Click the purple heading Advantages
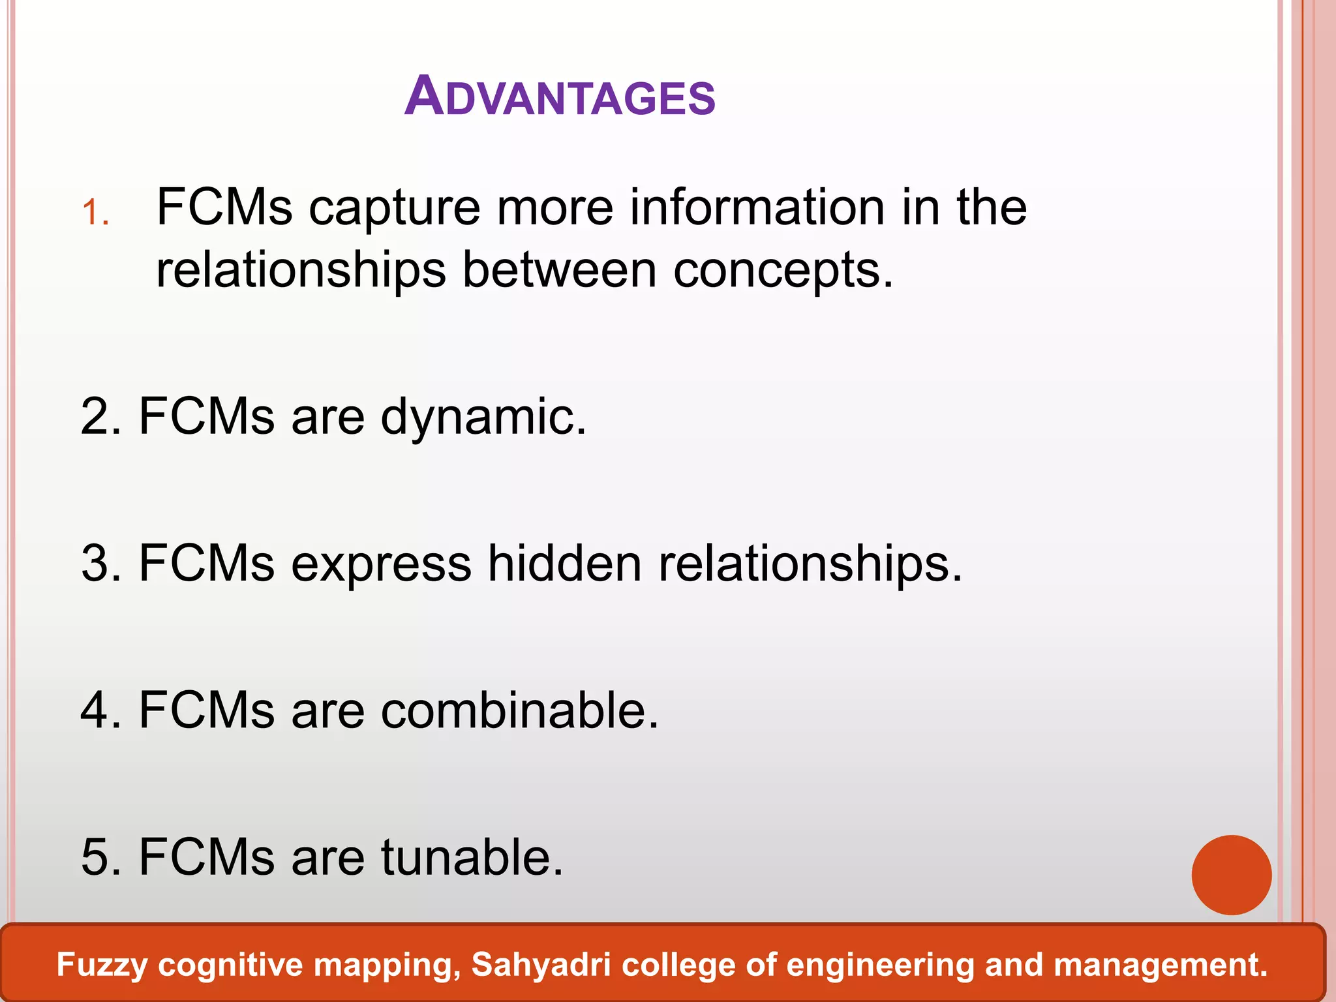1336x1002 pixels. coord(560,97)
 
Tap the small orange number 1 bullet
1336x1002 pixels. coord(95,213)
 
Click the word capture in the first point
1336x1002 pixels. coord(394,208)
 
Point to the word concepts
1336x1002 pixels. coord(782,271)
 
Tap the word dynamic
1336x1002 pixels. coord(483,418)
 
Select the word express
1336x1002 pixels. coord(381,564)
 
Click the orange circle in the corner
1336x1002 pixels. coord(1231,875)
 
